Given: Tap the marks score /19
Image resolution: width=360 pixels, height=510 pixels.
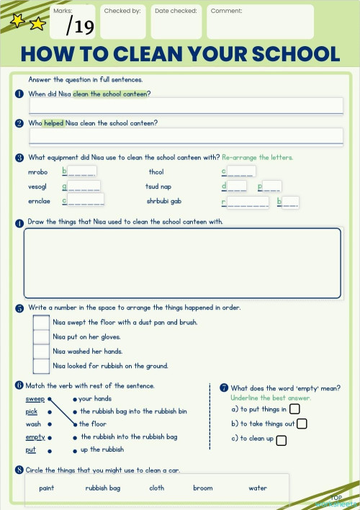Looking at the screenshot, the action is tap(80, 27).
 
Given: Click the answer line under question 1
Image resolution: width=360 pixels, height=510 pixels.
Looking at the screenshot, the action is tap(185, 106).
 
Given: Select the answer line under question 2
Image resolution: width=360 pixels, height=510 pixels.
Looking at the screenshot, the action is tap(185, 135).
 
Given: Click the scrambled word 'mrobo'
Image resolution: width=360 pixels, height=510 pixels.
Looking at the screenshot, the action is tap(37, 172).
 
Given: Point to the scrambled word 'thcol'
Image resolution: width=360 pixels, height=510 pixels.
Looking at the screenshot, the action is tap(156, 172).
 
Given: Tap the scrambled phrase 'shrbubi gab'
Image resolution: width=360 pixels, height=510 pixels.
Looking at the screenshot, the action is tap(164, 201).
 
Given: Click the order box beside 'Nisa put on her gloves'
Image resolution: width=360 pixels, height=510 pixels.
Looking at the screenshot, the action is tap(42, 337).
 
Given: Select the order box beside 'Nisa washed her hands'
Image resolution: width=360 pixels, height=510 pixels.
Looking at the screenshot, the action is tap(42, 352).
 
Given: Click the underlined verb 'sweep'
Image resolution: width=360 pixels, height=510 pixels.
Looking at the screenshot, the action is tap(35, 398).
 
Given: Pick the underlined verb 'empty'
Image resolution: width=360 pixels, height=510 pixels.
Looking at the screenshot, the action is tap(35, 437).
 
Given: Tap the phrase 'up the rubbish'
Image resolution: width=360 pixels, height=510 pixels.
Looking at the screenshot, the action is tap(102, 449).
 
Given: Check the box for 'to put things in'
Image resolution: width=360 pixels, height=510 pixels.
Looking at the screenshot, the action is tap(294, 409).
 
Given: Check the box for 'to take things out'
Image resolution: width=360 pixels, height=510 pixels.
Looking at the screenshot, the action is tap(302, 424).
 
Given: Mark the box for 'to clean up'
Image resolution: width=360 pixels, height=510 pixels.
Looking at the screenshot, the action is tap(281, 439).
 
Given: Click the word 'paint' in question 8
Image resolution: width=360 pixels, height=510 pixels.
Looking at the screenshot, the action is tap(47, 488).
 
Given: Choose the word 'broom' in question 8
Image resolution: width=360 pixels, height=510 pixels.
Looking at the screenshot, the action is tap(203, 488).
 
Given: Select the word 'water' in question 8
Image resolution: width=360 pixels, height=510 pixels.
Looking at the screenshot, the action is tap(258, 488).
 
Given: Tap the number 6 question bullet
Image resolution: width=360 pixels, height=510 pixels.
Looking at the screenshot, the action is tap(19, 386).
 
